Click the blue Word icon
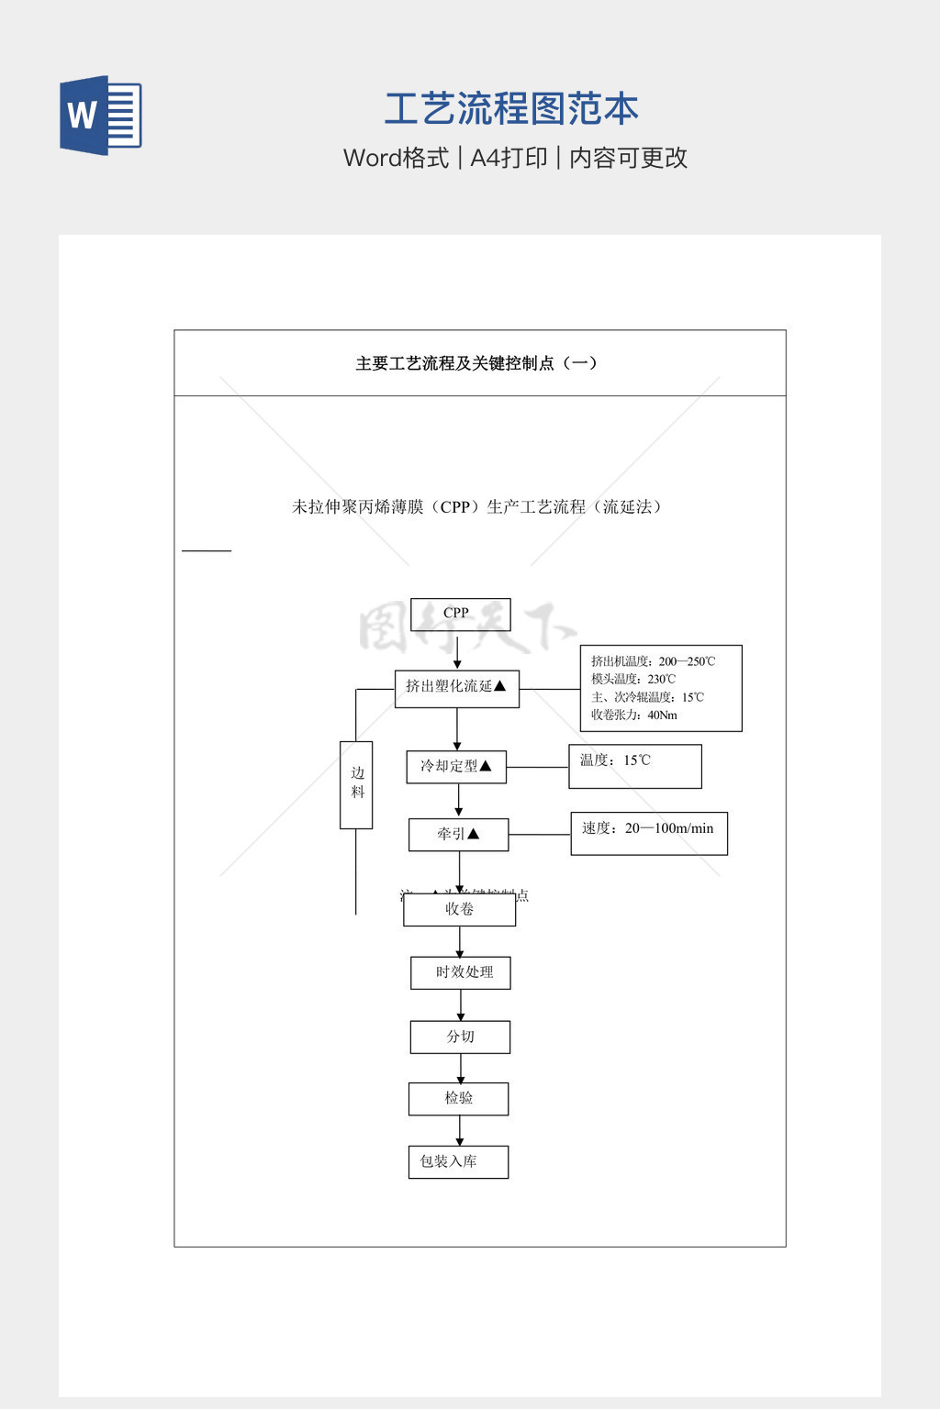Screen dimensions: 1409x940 pyautogui.click(x=101, y=116)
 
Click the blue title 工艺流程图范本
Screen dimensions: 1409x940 pyautogui.click(x=511, y=109)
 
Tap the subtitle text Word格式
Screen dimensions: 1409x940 pyautogui.click(x=396, y=158)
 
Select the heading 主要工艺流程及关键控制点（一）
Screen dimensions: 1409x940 pyautogui.click(x=476, y=363)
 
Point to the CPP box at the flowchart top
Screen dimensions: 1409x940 pyautogui.click(x=460, y=614)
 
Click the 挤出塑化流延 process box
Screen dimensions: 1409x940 pyautogui.click(x=456, y=688)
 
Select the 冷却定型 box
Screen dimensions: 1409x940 pyautogui.click(x=456, y=767)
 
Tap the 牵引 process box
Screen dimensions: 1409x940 pyautogui.click(x=458, y=835)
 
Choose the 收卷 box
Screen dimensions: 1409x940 pyautogui.click(x=459, y=910)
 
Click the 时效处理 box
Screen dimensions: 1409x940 pyautogui.click(x=460, y=972)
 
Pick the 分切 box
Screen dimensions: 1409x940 pyautogui.click(x=460, y=1037)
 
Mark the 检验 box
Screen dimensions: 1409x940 pyautogui.click(x=458, y=1098)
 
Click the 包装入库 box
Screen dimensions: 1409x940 pyautogui.click(x=458, y=1161)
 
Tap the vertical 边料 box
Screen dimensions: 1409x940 pyautogui.click(x=356, y=784)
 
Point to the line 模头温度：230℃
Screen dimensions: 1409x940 pyautogui.click(x=633, y=680)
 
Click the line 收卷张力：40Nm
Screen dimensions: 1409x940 pyautogui.click(x=634, y=716)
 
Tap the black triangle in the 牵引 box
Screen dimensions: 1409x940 pyautogui.click(x=474, y=834)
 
